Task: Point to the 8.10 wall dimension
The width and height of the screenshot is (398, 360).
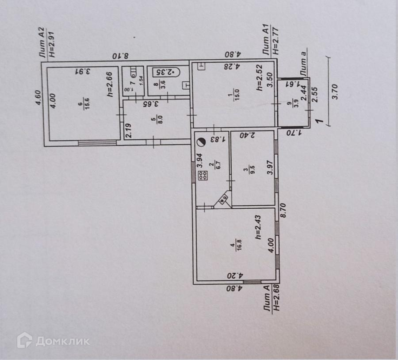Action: click(119, 56)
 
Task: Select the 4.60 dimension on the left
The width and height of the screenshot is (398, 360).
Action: click(38, 97)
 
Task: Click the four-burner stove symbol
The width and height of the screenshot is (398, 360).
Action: click(203, 176)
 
